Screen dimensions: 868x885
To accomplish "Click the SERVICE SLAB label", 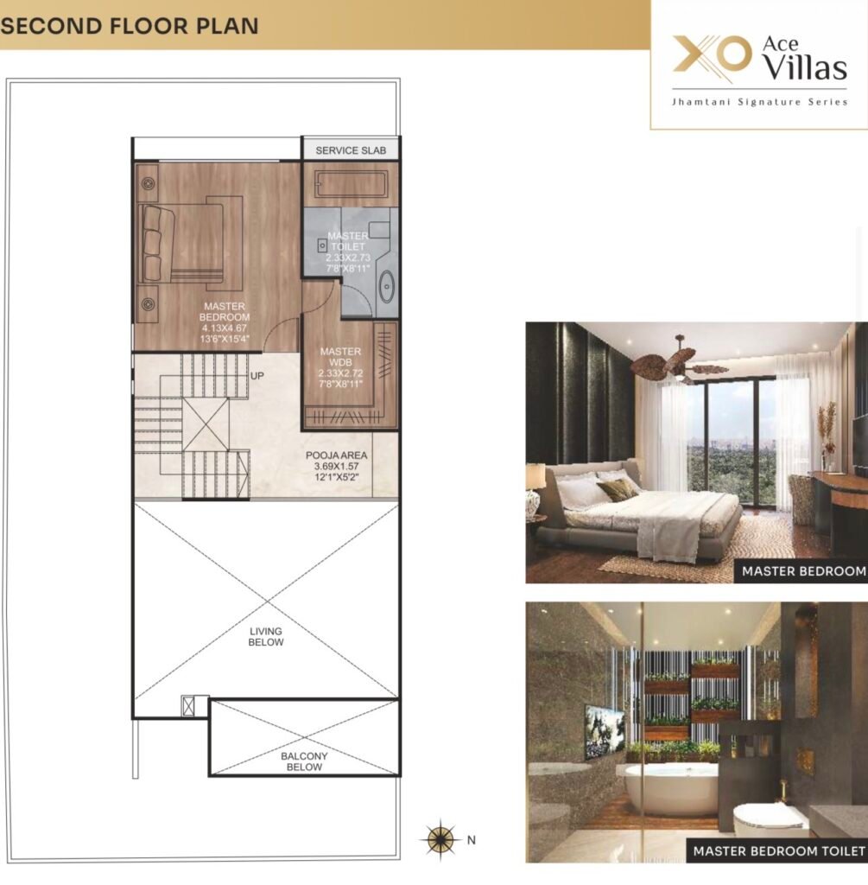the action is [x=351, y=150].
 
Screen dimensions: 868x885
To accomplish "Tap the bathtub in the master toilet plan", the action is [x=352, y=185].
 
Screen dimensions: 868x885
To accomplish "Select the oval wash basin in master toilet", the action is [x=386, y=287].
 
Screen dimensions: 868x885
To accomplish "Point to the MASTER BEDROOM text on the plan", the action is [x=225, y=311].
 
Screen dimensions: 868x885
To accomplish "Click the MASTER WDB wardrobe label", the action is [x=340, y=357].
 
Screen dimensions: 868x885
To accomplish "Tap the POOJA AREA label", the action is [x=336, y=455].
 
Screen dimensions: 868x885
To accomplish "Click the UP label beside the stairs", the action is [x=257, y=376].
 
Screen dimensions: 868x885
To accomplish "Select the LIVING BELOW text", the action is [x=266, y=637].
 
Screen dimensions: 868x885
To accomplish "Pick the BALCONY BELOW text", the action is [x=304, y=761].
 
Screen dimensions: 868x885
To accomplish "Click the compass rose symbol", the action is [x=440, y=839].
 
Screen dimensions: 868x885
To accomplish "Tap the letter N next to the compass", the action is [x=472, y=840].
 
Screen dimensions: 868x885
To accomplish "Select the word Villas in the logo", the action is [x=805, y=67].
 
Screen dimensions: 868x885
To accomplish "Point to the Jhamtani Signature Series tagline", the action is [x=760, y=102].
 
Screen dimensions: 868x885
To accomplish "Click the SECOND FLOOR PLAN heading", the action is [x=130, y=26].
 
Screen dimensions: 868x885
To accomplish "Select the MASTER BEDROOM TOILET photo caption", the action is [x=778, y=850].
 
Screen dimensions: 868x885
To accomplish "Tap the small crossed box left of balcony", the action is [x=188, y=706].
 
